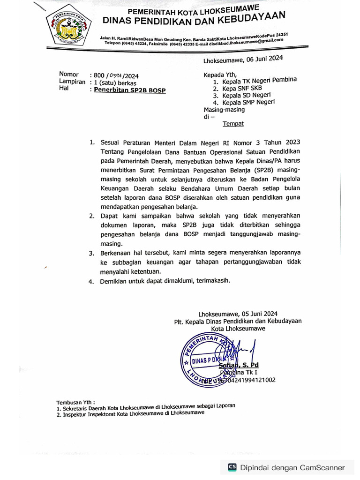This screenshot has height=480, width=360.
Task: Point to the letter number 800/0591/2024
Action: point(116,75)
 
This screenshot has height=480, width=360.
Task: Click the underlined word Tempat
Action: point(233,124)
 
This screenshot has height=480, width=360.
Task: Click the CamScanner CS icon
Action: point(232,467)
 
